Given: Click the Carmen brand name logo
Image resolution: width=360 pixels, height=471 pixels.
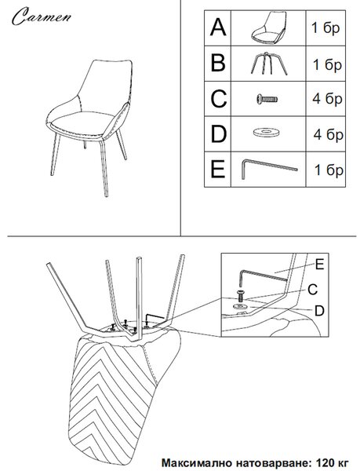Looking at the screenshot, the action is point(42,16).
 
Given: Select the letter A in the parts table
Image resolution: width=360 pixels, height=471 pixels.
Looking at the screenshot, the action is point(218,27).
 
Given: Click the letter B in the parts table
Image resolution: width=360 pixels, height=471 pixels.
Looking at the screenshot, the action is point(218,63).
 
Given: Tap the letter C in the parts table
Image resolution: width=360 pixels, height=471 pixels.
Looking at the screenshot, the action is point(218,99).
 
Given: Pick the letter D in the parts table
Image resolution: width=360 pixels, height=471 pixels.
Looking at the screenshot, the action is point(218,134).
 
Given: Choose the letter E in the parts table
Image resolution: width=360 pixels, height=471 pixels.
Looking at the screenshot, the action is point(218,170).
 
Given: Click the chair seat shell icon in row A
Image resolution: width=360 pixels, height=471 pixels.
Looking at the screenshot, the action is point(269,27).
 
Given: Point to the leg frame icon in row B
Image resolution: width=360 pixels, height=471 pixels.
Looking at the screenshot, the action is point(268,64).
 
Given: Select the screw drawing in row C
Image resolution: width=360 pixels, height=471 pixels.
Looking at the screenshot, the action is point(267,99).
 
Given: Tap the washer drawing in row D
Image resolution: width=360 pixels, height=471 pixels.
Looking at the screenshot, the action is point(266,132).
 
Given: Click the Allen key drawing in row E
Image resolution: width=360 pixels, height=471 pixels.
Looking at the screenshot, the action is point(269,169).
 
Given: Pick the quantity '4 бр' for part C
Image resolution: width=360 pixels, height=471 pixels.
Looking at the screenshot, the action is point(327,99).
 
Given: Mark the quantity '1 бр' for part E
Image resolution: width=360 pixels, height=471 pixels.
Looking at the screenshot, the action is point(329,170).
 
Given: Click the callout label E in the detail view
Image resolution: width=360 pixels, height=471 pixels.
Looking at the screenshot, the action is point(319,265).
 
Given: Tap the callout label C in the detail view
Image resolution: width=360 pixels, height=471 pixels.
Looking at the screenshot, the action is point(313,290).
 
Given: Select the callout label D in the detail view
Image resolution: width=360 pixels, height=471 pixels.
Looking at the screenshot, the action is point(319,311).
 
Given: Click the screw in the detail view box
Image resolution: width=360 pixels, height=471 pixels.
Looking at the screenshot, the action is point(240,296).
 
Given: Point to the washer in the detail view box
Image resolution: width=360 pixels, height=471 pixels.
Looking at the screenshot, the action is point(240,307).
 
